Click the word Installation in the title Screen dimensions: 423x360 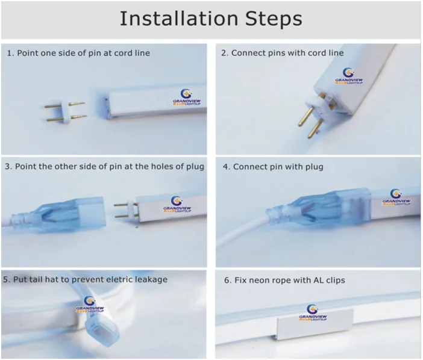click(x=179, y=18)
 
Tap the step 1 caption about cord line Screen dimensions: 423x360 click(x=78, y=53)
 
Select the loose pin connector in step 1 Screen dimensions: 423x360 click(x=66, y=112)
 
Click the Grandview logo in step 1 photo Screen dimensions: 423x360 click(x=187, y=98)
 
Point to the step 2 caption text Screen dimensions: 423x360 click(x=282, y=53)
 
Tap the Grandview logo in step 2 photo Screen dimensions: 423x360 click(x=349, y=76)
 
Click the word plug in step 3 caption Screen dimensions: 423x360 click(x=195, y=167)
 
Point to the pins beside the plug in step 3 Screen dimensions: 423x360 click(x=127, y=210)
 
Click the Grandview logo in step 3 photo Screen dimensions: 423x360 click(x=177, y=204)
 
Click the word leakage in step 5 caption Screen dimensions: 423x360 click(x=151, y=280)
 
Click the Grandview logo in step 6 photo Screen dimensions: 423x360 click(x=313, y=312)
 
